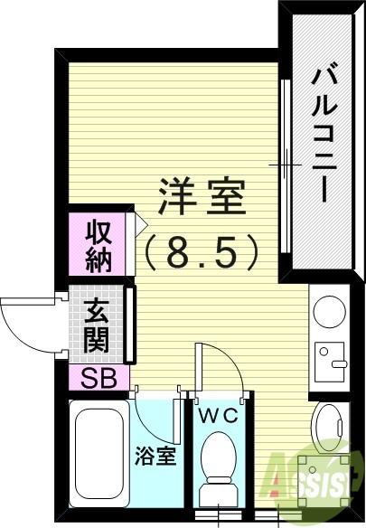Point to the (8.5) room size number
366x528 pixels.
[x=203, y=253]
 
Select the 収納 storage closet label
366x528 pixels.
[x=99, y=245]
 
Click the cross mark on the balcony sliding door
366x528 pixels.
[x=286, y=165]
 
